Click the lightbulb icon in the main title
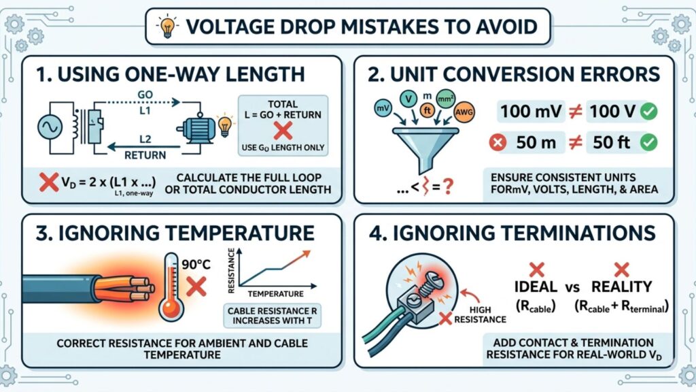(x=167, y=27)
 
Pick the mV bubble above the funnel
(x=383, y=107)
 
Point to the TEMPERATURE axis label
(x=275, y=294)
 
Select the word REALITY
(x=621, y=287)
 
